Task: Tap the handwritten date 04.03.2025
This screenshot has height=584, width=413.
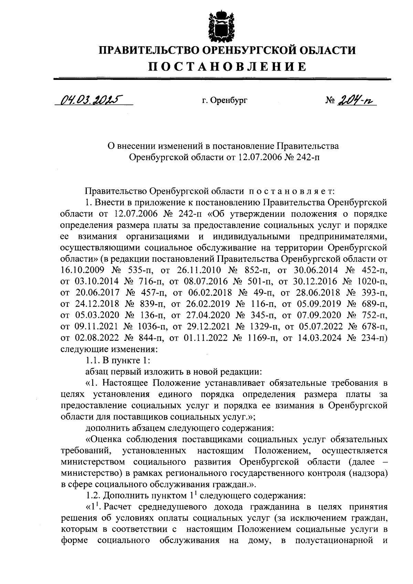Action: click(x=89, y=100)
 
